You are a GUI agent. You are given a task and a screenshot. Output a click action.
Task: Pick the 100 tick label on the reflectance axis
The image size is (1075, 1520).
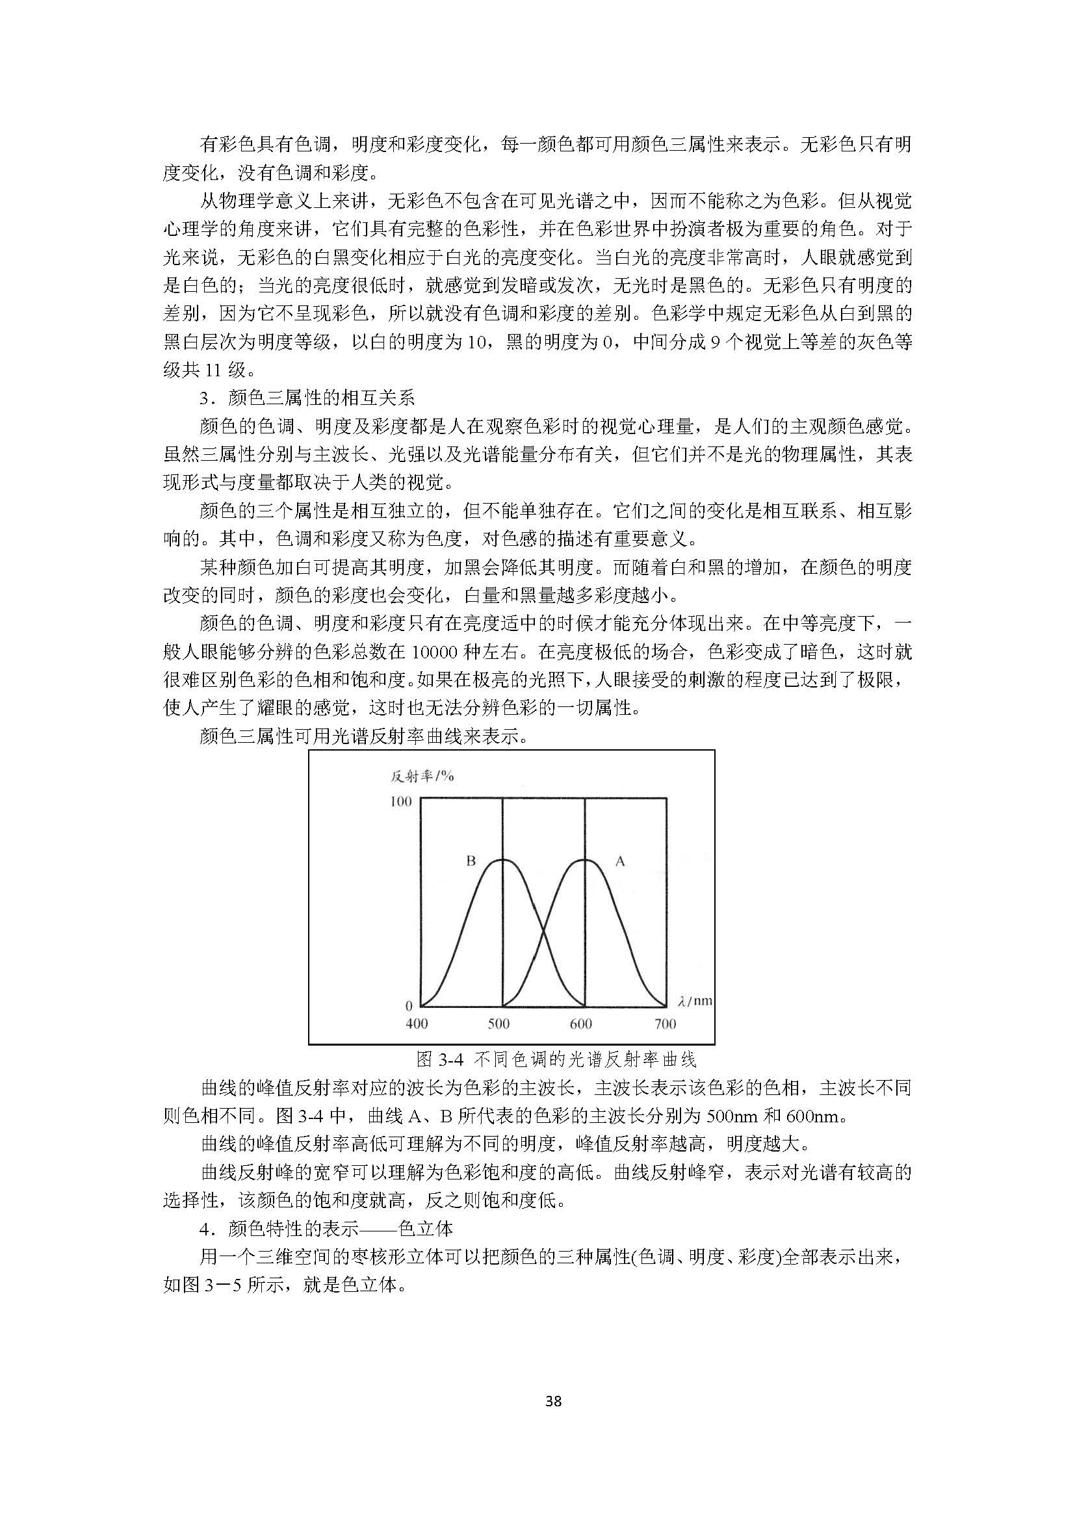click(x=400, y=802)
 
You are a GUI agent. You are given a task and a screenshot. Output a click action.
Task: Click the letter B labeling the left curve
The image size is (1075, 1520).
click(x=471, y=861)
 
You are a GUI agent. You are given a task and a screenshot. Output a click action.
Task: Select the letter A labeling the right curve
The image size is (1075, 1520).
click(x=620, y=861)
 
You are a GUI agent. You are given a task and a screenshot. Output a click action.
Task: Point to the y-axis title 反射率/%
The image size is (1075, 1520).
click(x=422, y=776)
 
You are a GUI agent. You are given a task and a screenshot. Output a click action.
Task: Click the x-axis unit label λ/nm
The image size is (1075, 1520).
click(x=695, y=1000)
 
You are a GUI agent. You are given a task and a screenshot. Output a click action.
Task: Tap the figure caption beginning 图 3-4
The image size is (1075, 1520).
click(x=556, y=1059)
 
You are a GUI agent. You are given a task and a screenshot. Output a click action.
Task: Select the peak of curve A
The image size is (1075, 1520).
click(x=585, y=859)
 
